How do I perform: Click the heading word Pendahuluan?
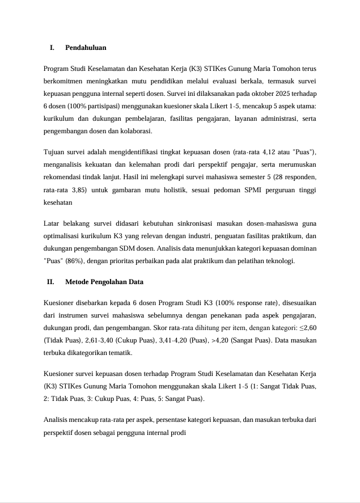[86, 48]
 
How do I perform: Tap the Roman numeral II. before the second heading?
[50, 281]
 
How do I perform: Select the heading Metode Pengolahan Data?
[104, 281]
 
